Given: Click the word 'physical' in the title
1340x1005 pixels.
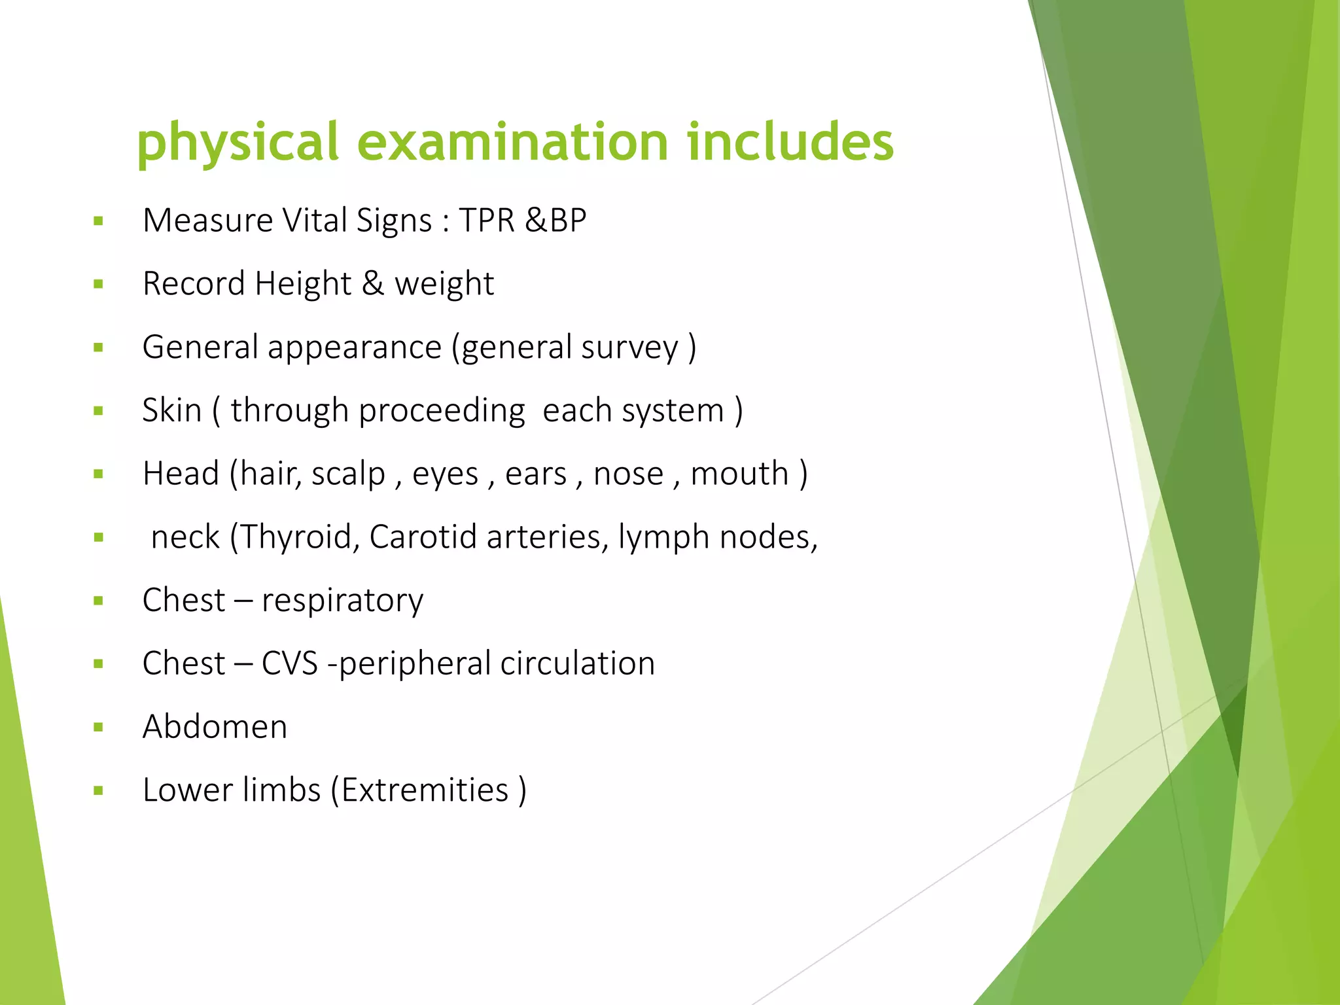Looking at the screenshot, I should click(x=237, y=143).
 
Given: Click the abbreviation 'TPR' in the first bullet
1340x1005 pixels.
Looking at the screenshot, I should click(x=487, y=220).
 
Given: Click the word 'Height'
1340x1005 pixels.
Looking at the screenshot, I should click(x=303, y=284).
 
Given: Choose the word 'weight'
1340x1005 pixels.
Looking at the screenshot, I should click(x=444, y=284).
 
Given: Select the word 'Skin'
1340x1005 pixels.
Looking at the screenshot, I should click(x=172, y=411).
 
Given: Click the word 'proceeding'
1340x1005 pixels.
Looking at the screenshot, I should click(x=442, y=411).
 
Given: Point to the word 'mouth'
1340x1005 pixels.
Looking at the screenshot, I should click(x=739, y=474).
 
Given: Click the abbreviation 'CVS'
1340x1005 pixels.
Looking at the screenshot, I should click(x=289, y=663).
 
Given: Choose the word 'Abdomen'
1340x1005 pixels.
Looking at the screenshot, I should click(x=215, y=727).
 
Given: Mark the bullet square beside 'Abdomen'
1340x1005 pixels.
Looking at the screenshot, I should click(x=99, y=727).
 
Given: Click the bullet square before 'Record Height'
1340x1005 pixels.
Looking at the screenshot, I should click(x=99, y=284).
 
